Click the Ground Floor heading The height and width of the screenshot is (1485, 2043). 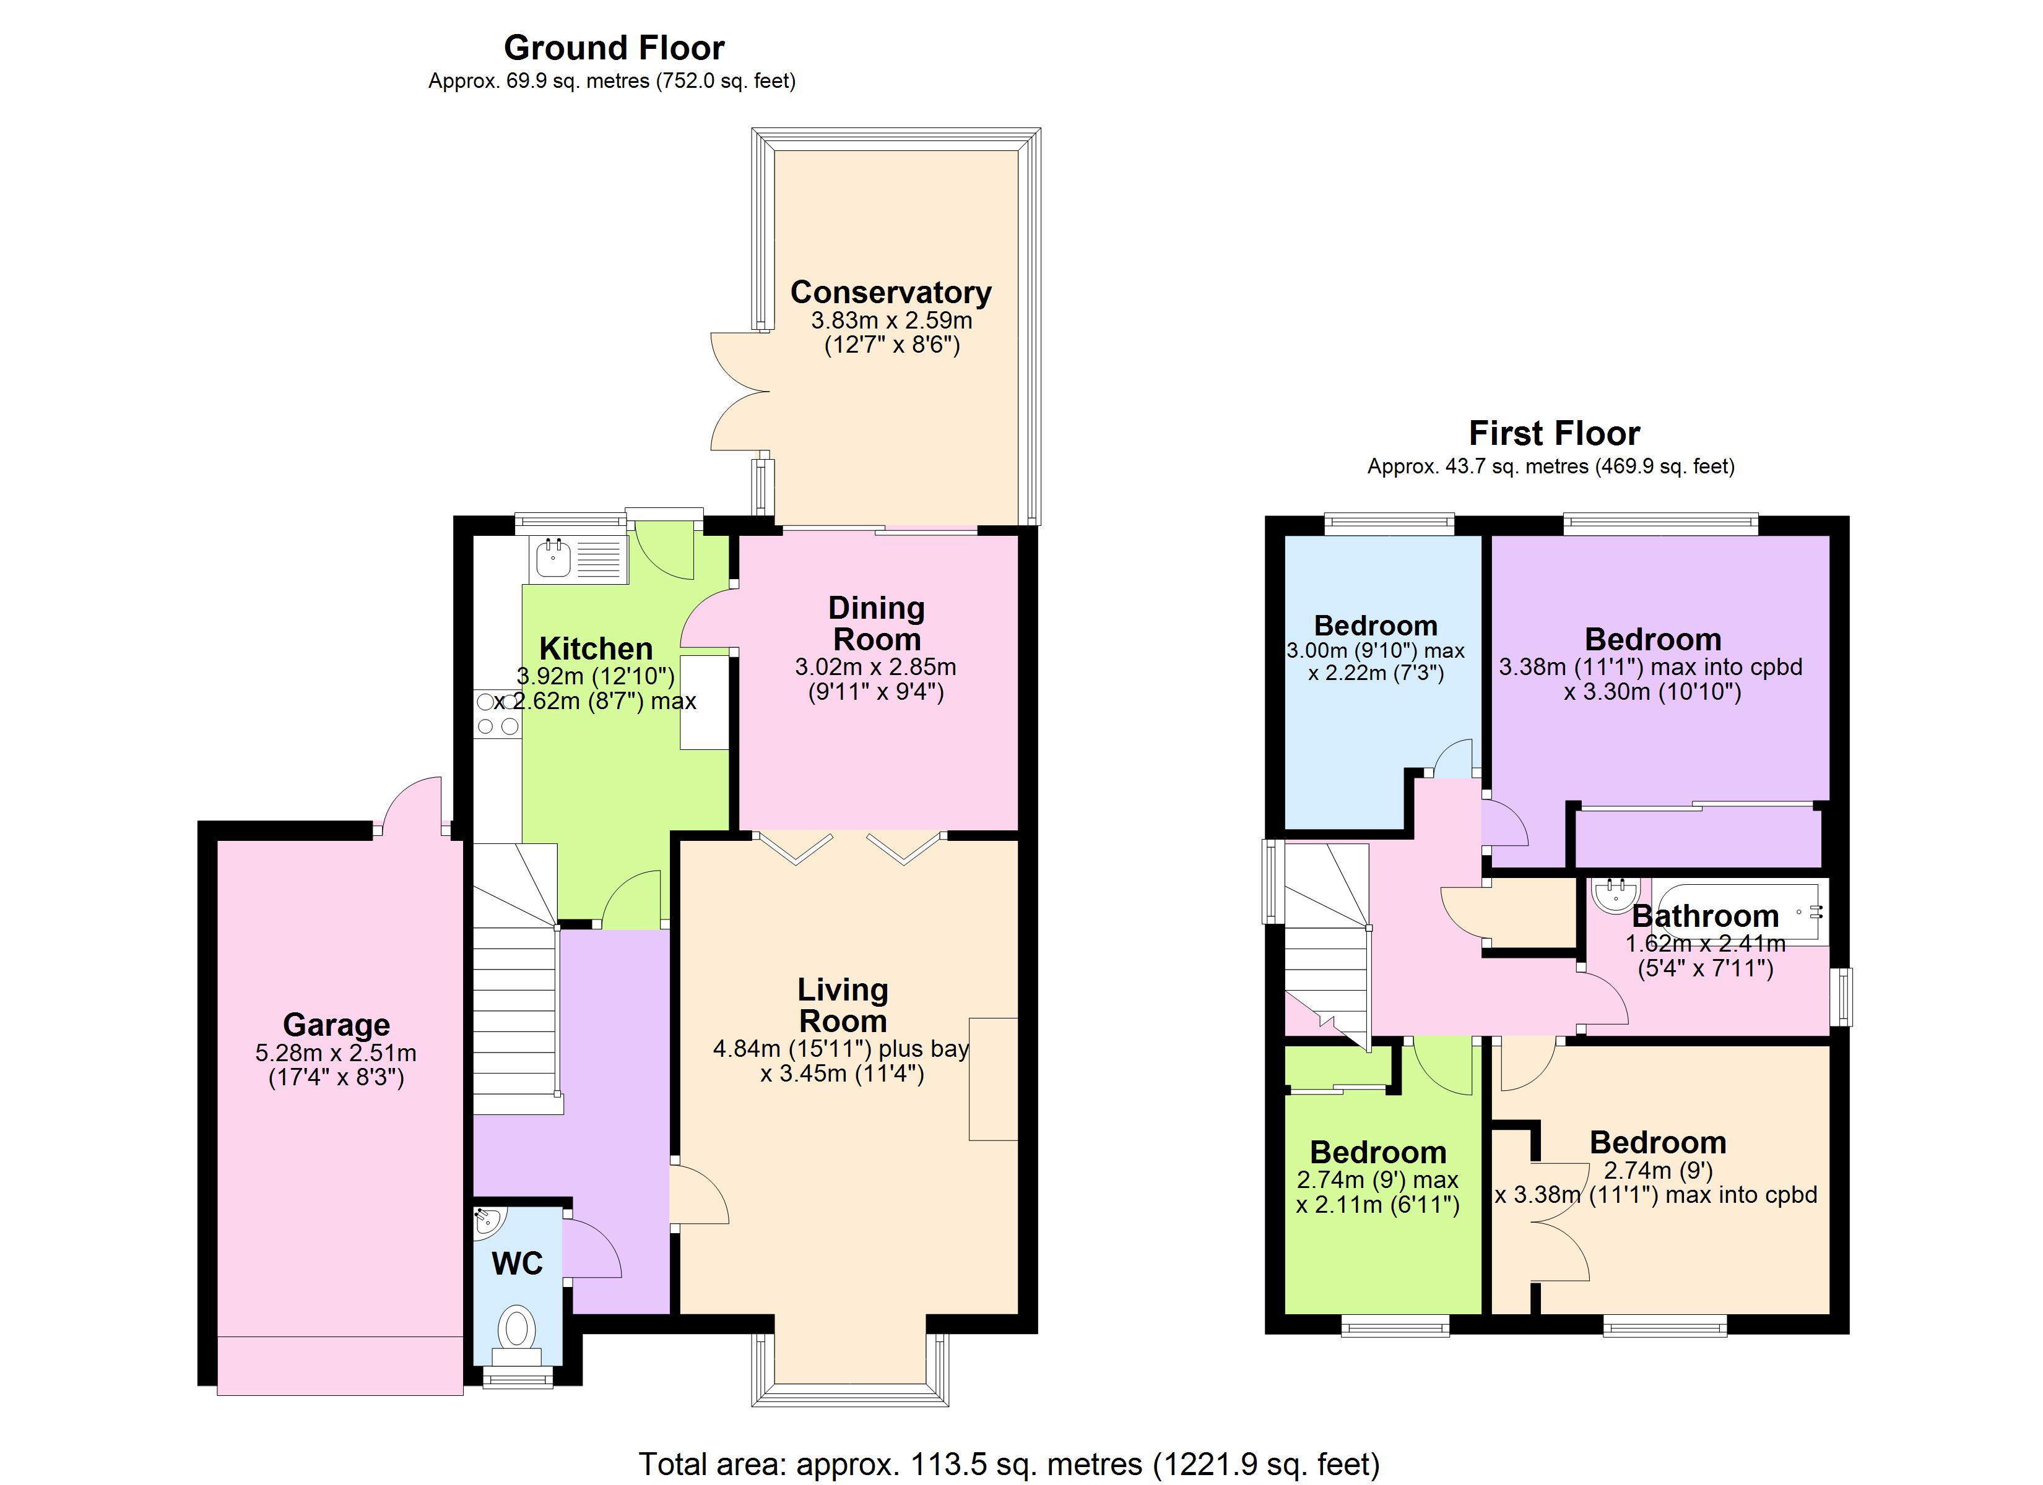point(614,48)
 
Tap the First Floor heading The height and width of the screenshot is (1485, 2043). point(1554,433)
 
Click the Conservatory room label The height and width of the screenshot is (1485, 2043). point(890,293)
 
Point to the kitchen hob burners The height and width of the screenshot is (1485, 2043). point(497,713)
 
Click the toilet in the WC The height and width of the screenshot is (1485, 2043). point(517,1328)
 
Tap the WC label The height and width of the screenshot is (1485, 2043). point(517,1263)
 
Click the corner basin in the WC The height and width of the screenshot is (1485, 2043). point(487,1220)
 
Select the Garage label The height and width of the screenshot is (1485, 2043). point(336,1025)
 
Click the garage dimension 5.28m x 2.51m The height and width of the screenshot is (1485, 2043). point(336,1052)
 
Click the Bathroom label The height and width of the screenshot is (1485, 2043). point(1704,916)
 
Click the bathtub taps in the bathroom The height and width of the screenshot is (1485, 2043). point(1807,912)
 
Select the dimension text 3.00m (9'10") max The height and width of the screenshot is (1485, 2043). point(1376,651)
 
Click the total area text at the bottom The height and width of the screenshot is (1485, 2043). point(1009,1463)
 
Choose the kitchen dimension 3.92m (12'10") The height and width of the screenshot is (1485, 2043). point(596,676)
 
